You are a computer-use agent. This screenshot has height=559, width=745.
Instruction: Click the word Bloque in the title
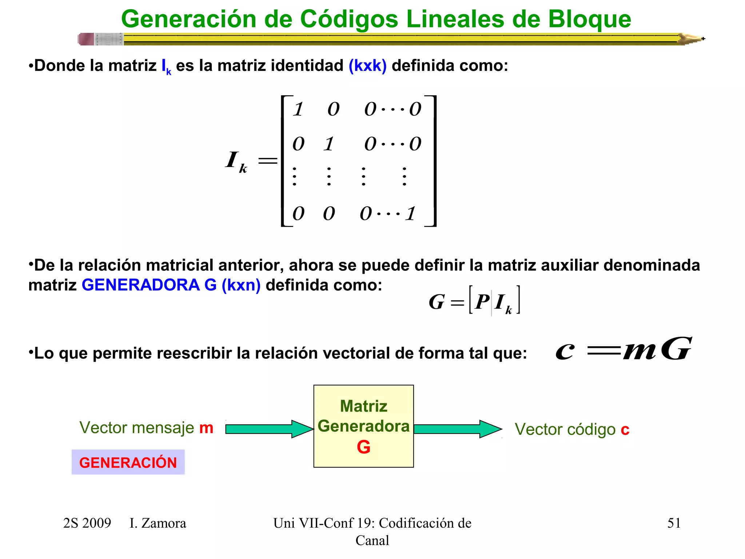[x=589, y=19]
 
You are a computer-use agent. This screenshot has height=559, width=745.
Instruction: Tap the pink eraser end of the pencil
[x=86, y=39]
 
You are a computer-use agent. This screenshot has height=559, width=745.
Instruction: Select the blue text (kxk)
[x=367, y=66]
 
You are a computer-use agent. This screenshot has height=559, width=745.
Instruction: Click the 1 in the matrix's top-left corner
[x=299, y=109]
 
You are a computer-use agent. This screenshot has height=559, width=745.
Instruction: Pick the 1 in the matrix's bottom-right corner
[x=411, y=213]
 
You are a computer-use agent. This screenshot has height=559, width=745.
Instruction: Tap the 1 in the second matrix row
[x=329, y=144]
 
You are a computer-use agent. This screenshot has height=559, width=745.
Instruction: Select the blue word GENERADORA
[x=140, y=285]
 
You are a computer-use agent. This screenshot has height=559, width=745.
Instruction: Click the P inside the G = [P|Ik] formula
[x=482, y=301]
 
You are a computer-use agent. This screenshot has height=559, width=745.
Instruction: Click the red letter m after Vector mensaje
[x=206, y=428]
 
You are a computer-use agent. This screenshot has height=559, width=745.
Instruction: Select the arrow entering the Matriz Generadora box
[x=269, y=429]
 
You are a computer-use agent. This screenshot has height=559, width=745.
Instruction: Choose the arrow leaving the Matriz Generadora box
[x=458, y=429]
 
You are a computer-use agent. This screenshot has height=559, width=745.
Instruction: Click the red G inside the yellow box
[x=363, y=447]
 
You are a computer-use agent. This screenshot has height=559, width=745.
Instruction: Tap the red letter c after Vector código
[x=625, y=430]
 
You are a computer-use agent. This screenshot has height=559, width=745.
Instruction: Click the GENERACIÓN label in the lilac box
[x=128, y=463]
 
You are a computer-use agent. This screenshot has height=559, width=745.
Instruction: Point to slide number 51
[x=674, y=523]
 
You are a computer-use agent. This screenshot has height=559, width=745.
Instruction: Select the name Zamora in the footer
[x=163, y=523]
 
